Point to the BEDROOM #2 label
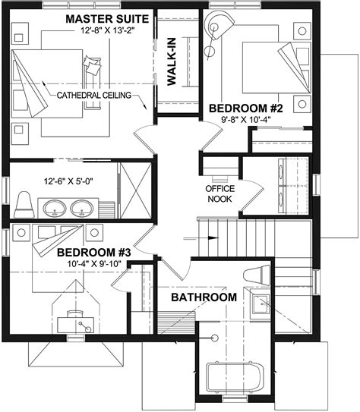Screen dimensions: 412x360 point(245,109)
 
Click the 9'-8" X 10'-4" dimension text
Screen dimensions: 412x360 point(245,121)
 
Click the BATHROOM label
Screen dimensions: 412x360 point(203,297)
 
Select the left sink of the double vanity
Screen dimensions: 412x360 point(55,207)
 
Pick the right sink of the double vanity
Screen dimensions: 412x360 point(81,207)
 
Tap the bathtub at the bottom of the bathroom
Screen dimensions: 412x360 point(235,379)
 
